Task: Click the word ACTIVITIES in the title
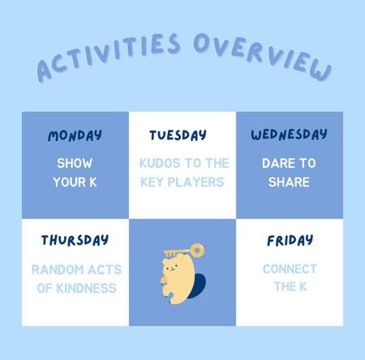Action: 108,55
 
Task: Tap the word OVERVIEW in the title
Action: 262,55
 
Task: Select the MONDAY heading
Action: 75,135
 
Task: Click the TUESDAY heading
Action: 178,135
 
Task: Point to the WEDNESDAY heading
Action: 289,135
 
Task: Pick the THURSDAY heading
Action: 75,240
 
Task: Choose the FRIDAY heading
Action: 290,240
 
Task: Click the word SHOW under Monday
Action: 75,163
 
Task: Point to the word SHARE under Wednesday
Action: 289,182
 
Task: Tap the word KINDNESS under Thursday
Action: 86,289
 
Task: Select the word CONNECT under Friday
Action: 290,269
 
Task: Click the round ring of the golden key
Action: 197,251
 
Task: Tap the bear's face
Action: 171,268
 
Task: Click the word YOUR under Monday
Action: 69,182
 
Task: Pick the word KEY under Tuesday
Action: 152,182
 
